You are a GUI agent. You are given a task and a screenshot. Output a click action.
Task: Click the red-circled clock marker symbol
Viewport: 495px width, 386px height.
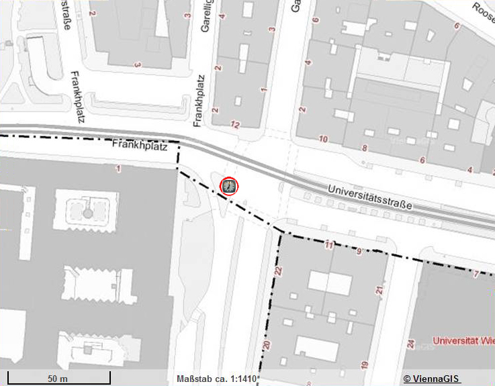point(229,186)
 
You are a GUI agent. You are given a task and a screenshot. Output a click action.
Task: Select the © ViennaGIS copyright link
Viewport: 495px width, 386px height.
point(432,379)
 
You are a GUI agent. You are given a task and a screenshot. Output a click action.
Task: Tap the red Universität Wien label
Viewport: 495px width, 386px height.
point(463,341)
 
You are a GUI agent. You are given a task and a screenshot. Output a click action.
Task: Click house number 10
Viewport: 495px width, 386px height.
point(323,140)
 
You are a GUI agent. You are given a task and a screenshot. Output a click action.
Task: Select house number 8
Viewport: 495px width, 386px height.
point(365,148)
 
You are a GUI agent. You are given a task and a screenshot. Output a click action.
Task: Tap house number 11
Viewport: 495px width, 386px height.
point(329,246)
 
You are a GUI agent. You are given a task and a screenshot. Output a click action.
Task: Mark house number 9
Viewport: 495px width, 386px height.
point(359,252)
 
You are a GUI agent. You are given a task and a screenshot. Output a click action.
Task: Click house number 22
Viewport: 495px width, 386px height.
point(278,271)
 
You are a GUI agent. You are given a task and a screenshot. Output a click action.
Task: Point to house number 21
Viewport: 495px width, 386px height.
point(379,291)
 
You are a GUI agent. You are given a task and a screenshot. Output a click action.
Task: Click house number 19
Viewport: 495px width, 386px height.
point(364,365)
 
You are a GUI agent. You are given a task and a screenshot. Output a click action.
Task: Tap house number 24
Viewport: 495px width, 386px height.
point(410,345)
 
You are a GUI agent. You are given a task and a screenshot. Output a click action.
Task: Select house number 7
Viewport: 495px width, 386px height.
point(476,274)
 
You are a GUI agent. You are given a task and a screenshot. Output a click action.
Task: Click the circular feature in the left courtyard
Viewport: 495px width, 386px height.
point(87,213)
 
